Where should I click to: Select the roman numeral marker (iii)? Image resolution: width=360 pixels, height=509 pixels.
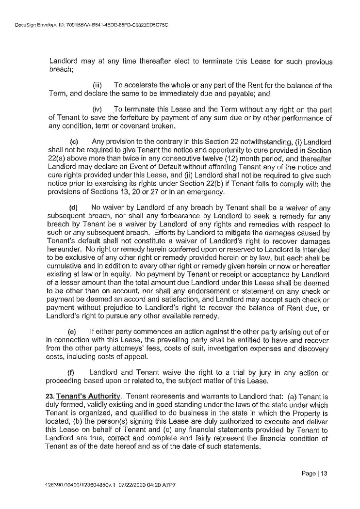click(x=97, y=86)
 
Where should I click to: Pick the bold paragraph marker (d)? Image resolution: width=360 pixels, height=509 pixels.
click(x=74, y=207)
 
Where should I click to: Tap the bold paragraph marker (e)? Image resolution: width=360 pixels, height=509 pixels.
click(x=73, y=331)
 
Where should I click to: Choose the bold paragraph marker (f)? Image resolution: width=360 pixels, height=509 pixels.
click(x=73, y=372)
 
